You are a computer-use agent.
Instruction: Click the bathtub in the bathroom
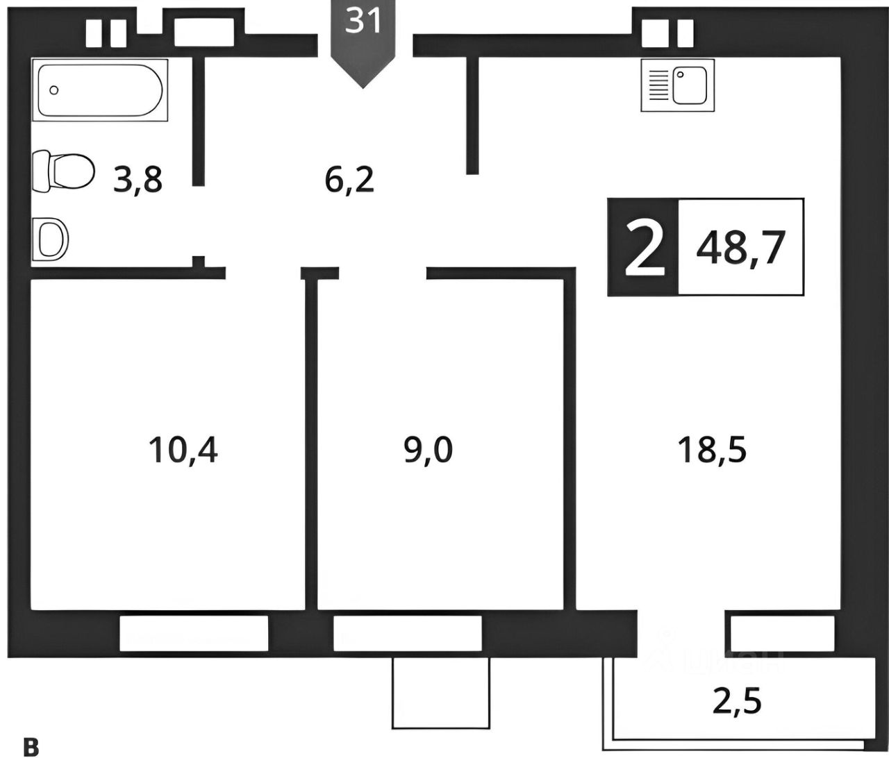click(100, 91)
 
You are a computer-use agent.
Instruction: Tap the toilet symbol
click(63, 170)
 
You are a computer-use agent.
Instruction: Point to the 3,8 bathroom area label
click(139, 181)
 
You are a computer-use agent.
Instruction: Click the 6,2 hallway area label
click(349, 181)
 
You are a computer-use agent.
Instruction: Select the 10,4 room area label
click(183, 449)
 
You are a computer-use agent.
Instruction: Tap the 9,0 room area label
click(428, 449)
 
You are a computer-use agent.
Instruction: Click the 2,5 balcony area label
click(737, 701)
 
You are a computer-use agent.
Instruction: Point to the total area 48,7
click(740, 247)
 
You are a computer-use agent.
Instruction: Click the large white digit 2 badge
click(642, 247)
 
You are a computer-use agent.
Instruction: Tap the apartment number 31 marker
click(364, 22)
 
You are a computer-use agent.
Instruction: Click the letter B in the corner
click(31, 747)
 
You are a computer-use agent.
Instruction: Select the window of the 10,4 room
click(194, 633)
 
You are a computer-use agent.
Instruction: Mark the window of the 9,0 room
click(407, 633)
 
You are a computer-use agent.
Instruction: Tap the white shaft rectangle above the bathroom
click(203, 32)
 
